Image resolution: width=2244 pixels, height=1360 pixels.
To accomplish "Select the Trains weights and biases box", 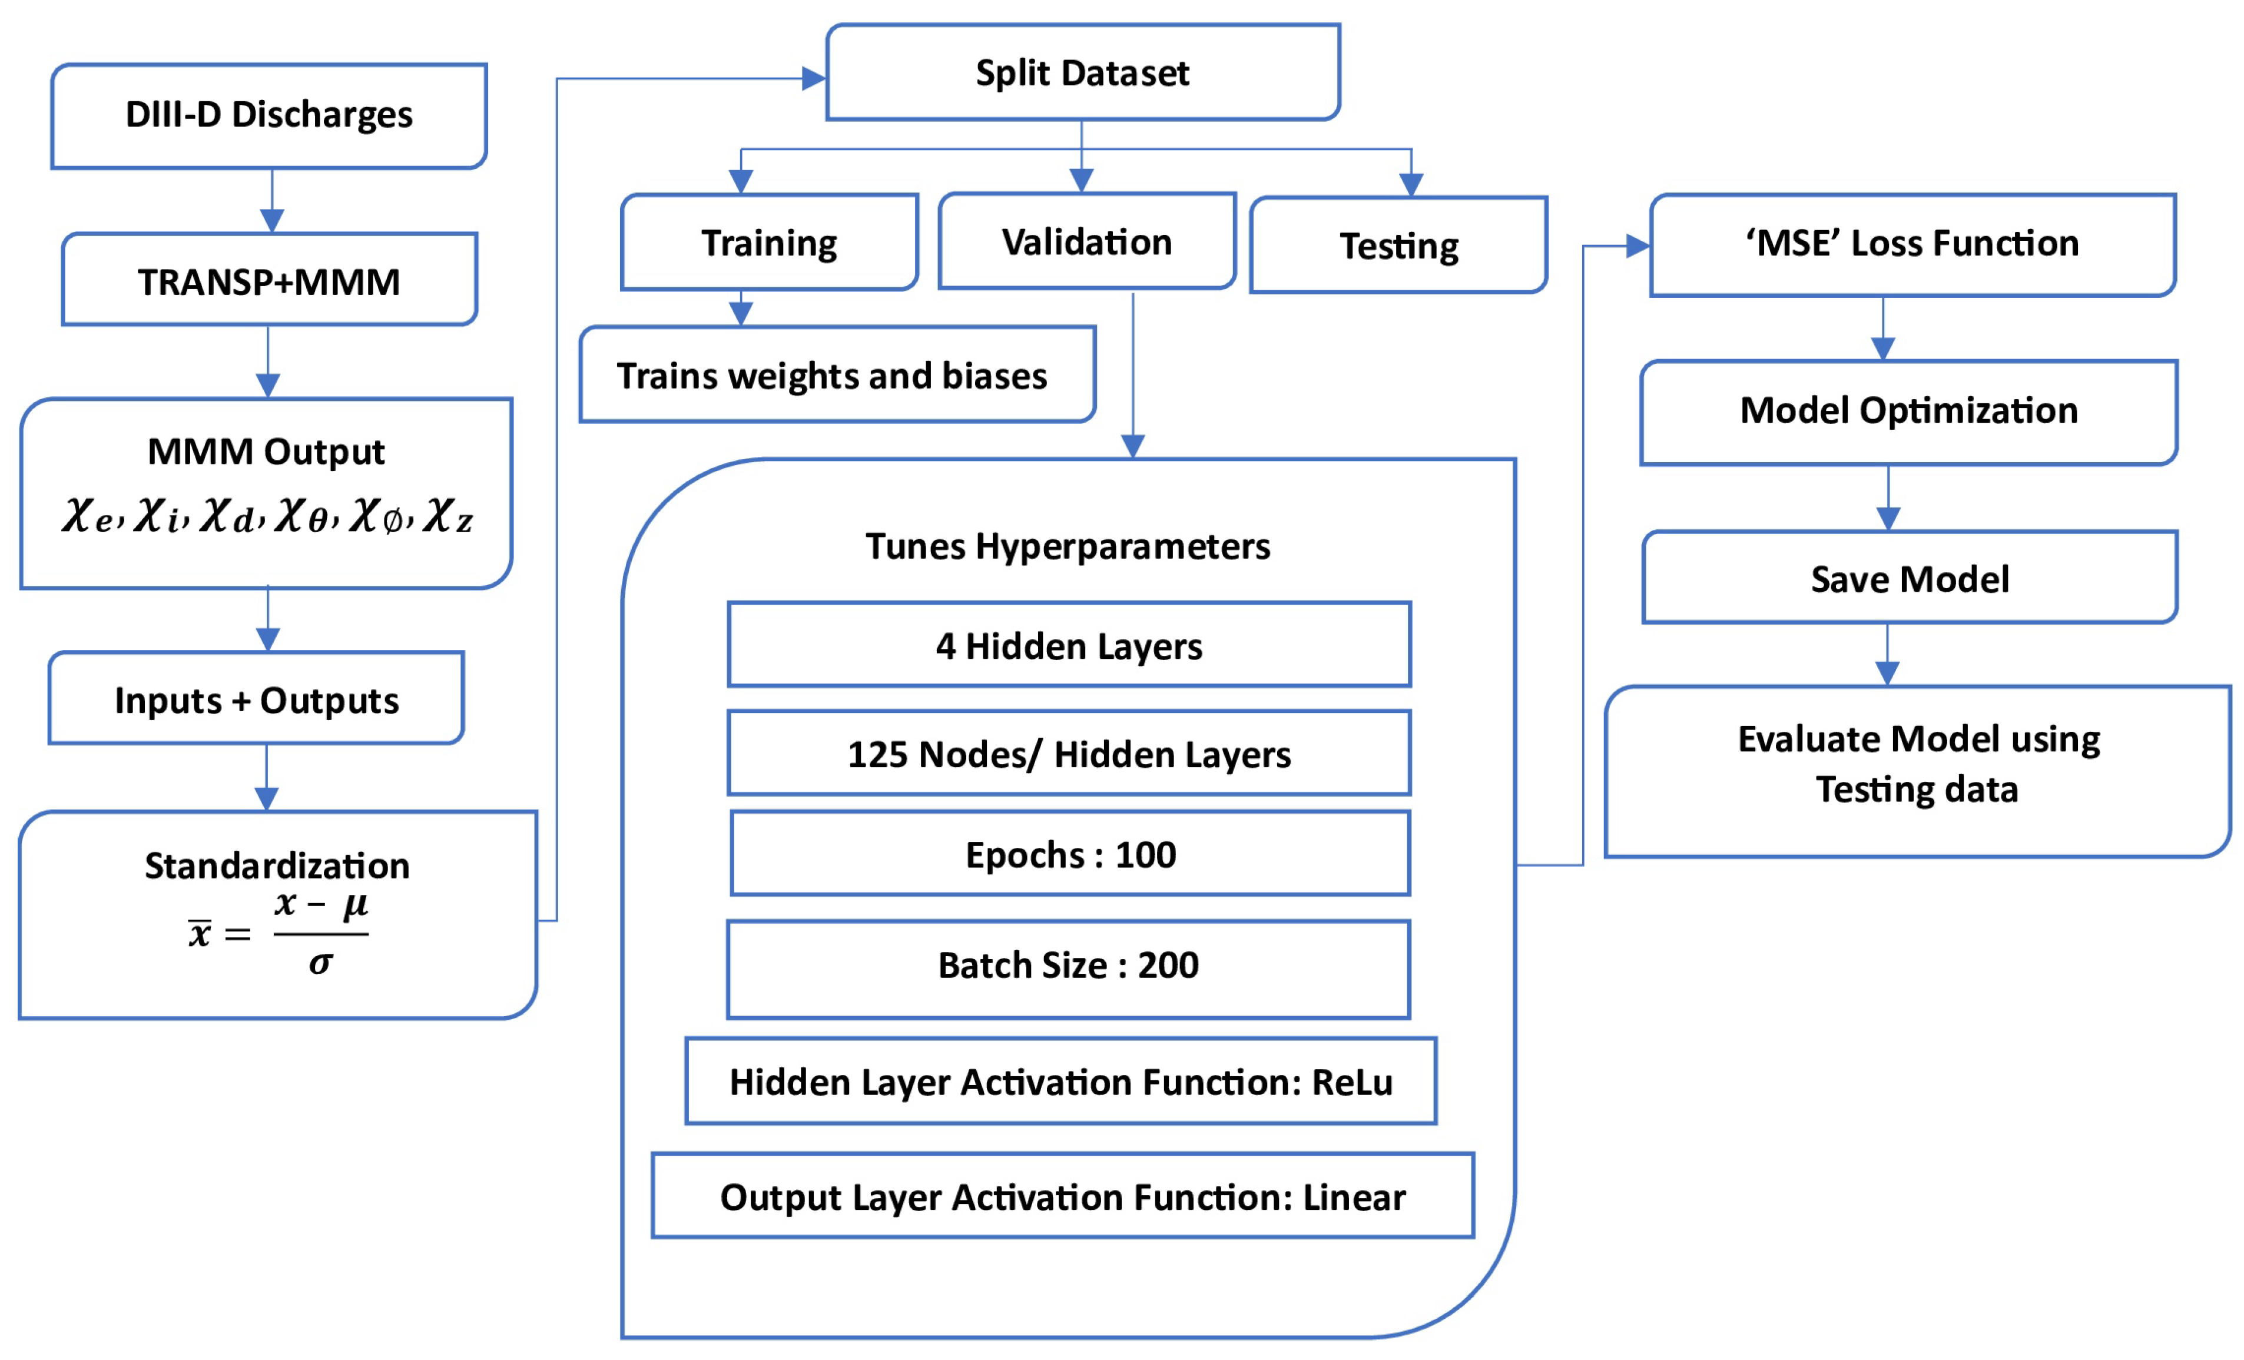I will [x=836, y=375].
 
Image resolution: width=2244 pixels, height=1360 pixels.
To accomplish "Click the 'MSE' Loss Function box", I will [x=1912, y=244].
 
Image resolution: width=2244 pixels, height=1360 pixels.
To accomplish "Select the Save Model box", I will [x=1909, y=578].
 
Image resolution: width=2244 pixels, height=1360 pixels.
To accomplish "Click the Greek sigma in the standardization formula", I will [x=320, y=963].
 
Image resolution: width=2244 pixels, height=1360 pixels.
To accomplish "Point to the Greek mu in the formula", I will [x=355, y=905].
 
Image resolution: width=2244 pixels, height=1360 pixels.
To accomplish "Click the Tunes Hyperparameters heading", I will [x=1068, y=546].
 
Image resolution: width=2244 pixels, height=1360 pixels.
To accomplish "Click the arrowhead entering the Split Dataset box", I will [x=813, y=79].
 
